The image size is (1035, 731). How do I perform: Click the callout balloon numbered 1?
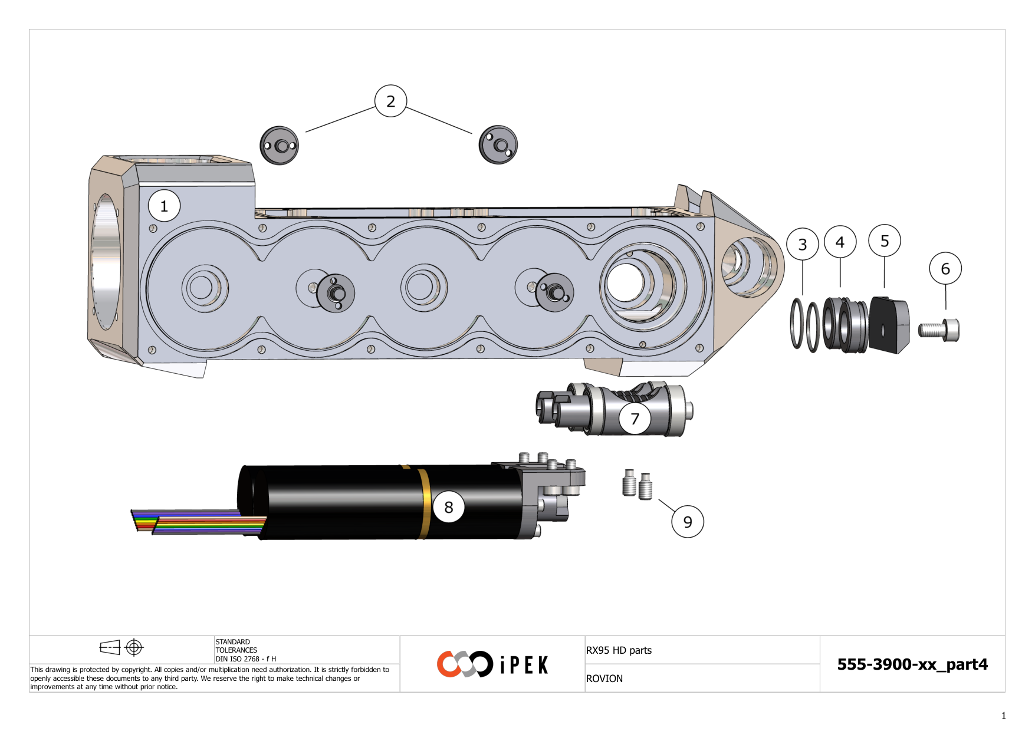click(x=164, y=206)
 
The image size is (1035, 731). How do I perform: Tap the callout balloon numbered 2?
click(x=390, y=101)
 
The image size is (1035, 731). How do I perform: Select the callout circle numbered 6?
click(x=945, y=269)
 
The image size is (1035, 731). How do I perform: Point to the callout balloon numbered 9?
click(x=688, y=522)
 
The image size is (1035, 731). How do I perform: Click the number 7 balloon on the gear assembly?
click(x=635, y=419)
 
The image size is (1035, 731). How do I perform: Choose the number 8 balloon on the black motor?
click(x=448, y=507)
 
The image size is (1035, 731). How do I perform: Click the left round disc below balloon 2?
click(x=280, y=146)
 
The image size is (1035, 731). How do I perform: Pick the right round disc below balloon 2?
click(x=498, y=145)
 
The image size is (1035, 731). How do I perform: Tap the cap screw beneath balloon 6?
click(x=939, y=330)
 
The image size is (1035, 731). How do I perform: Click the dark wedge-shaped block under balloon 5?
click(x=889, y=325)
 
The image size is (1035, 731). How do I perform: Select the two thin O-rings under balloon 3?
click(x=804, y=325)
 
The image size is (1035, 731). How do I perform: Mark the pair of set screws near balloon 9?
click(x=638, y=485)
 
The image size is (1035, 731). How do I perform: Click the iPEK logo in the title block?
click(x=493, y=664)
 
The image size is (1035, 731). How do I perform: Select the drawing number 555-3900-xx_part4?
click(x=912, y=664)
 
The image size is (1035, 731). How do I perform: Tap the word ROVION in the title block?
click(x=604, y=679)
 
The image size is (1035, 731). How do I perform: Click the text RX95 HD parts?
click(x=619, y=650)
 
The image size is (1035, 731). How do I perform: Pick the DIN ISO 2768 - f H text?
click(x=245, y=659)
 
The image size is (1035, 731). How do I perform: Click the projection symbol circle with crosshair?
click(x=134, y=647)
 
